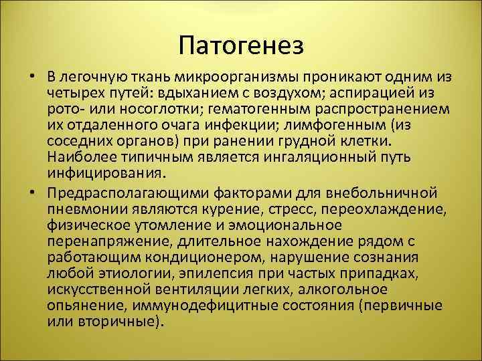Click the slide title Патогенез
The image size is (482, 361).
pos(242,46)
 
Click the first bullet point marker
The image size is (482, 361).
pos(33,74)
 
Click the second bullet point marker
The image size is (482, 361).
pos(33,193)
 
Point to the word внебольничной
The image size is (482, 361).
pos(388,193)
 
